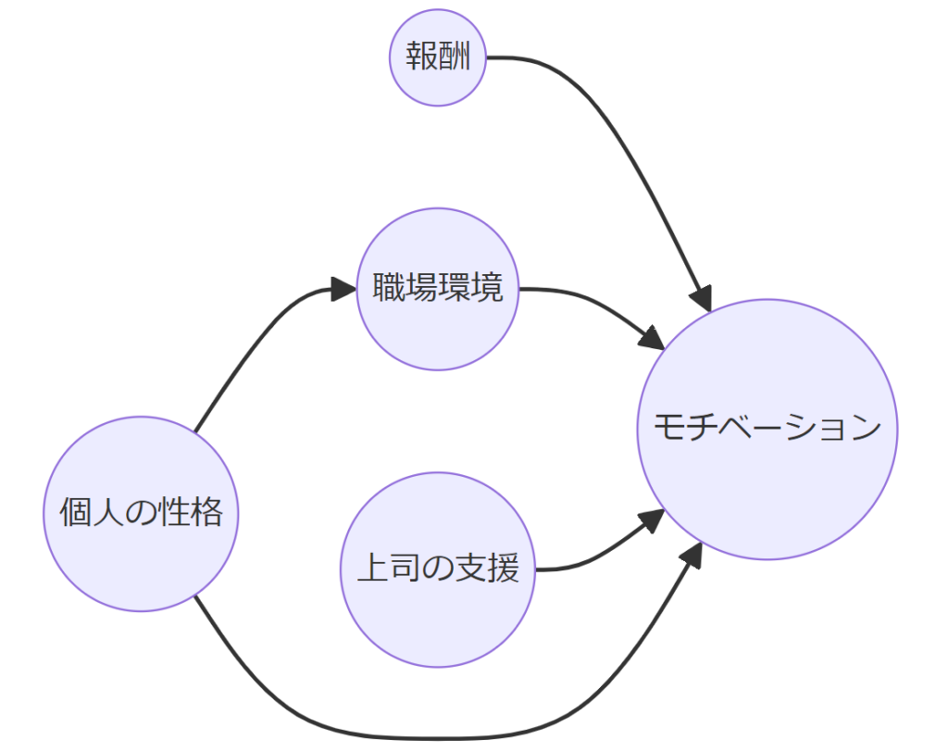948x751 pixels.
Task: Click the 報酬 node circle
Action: point(437,57)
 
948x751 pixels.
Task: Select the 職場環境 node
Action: point(437,289)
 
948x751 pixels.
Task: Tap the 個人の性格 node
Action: point(141,513)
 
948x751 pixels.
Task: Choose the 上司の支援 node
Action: point(437,570)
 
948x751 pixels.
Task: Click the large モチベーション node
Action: point(767,429)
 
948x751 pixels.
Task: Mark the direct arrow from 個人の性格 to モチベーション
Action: point(417,737)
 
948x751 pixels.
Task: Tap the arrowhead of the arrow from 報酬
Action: point(701,299)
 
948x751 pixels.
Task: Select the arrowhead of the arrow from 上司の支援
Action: point(653,522)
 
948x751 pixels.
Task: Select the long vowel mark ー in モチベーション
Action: point(767,429)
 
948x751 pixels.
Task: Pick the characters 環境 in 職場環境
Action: point(470,289)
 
